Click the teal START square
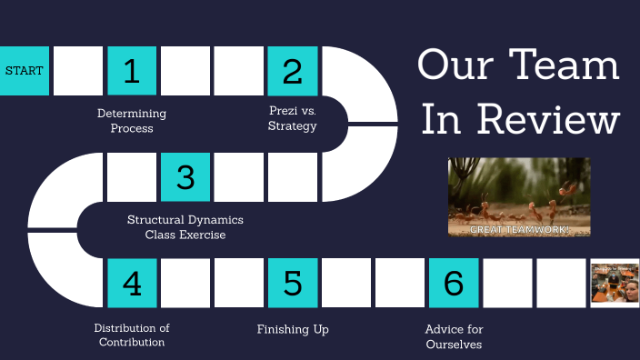pos(24,70)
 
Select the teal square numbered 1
pos(132,70)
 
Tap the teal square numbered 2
pos(292,70)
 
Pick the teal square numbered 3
pos(185,176)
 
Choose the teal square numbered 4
pos(132,283)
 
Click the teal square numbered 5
pos(292,283)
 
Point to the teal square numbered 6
pos(453,283)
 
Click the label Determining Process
pos(132,121)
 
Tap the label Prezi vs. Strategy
pos(292,118)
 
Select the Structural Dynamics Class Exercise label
pos(185,227)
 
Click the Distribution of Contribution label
pos(132,335)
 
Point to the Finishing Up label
pos(292,328)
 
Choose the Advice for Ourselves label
pos(453,336)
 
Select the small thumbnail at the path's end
pos(615,283)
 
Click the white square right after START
pos(78,70)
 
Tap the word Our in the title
pos(454,66)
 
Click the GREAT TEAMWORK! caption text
pos(519,230)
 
